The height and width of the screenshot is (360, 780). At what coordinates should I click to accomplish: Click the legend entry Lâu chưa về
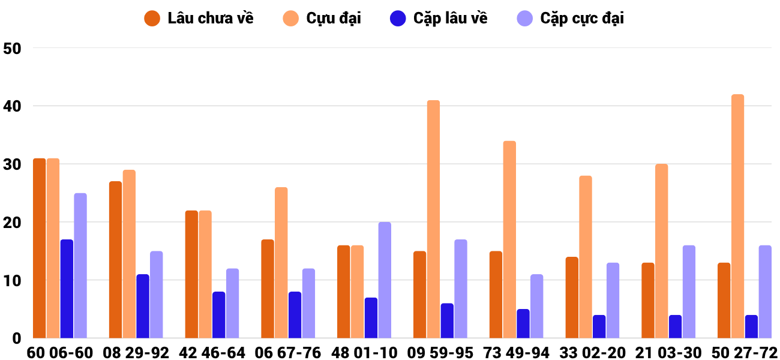tap(199, 19)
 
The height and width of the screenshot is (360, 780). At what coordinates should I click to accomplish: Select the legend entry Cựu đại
tap(322, 19)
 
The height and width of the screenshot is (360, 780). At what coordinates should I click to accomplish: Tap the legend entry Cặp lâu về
tap(439, 19)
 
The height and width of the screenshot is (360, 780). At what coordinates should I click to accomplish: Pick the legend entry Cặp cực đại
tap(571, 19)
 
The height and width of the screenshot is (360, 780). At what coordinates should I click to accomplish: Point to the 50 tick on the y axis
tap(12, 49)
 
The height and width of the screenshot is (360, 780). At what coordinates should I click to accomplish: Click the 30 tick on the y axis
tap(12, 164)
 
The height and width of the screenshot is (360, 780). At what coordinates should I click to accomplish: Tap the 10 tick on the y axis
tap(12, 281)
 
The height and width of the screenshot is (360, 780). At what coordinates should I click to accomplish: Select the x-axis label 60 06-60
tap(60, 353)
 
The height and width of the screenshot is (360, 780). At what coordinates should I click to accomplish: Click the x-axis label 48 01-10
tap(364, 353)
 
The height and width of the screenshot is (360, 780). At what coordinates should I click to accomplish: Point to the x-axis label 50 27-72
tap(745, 353)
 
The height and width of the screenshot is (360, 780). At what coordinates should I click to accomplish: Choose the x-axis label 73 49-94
tap(517, 353)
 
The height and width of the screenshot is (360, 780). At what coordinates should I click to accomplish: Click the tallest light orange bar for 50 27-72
tap(737, 216)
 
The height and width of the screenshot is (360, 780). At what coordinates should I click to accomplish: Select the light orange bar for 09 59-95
tap(434, 219)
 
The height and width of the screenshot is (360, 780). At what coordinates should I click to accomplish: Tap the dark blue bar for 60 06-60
tap(67, 289)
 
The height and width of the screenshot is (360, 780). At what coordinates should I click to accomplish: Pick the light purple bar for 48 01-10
tap(385, 280)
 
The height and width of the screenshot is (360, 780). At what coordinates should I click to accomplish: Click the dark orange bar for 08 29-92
tap(116, 260)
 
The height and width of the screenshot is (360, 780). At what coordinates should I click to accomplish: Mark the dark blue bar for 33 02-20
tap(599, 326)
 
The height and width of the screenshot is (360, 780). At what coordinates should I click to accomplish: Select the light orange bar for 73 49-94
tap(509, 239)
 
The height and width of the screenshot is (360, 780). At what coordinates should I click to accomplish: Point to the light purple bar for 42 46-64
tap(233, 303)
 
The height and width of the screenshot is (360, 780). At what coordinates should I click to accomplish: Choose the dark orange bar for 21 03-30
tap(648, 301)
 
